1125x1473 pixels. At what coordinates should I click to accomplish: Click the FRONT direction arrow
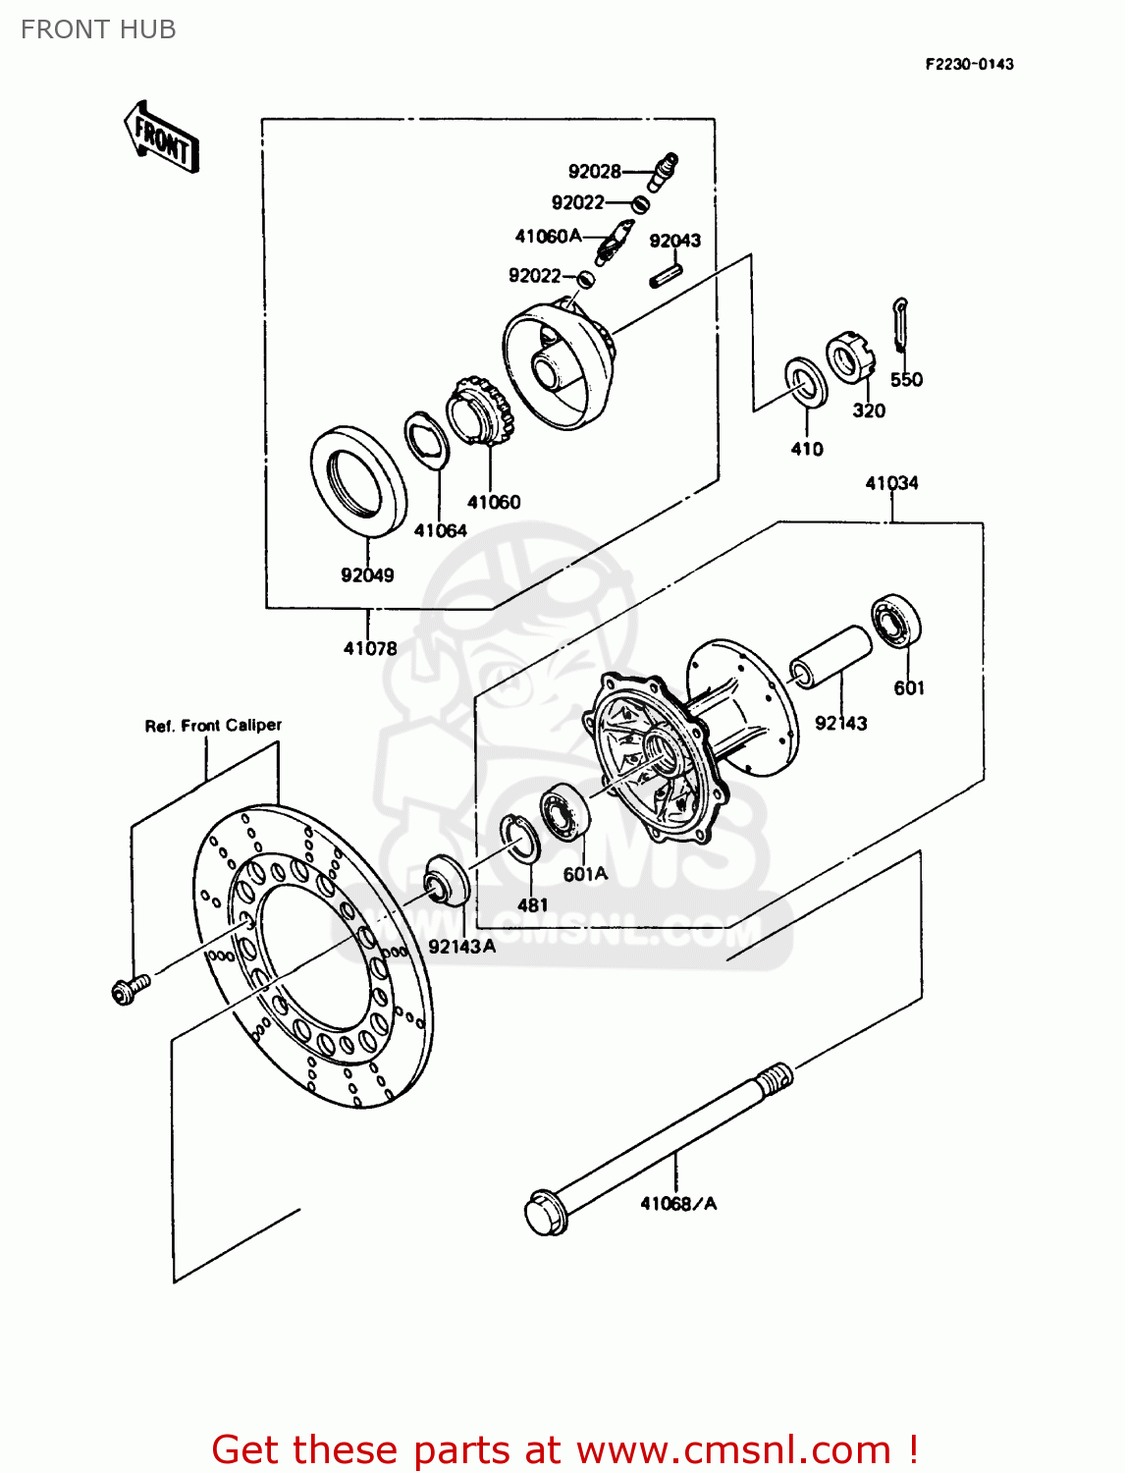click(161, 138)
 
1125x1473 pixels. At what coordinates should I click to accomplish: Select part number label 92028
click(594, 172)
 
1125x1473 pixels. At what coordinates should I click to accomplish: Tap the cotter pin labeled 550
click(901, 324)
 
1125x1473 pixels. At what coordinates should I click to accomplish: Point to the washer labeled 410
click(806, 382)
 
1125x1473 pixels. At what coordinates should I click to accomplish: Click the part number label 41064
click(440, 530)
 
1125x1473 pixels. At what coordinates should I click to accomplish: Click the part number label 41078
click(370, 648)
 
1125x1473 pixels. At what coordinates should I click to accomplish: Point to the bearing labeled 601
click(896, 621)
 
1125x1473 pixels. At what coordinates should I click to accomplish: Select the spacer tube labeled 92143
click(831, 658)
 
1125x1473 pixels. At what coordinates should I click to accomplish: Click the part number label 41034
click(891, 483)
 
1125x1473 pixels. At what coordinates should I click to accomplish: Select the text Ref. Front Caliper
click(213, 726)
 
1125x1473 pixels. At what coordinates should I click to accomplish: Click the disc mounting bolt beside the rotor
click(130, 989)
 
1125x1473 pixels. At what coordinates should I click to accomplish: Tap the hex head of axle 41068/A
click(546, 1214)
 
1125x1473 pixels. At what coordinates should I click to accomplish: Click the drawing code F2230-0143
click(969, 65)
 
